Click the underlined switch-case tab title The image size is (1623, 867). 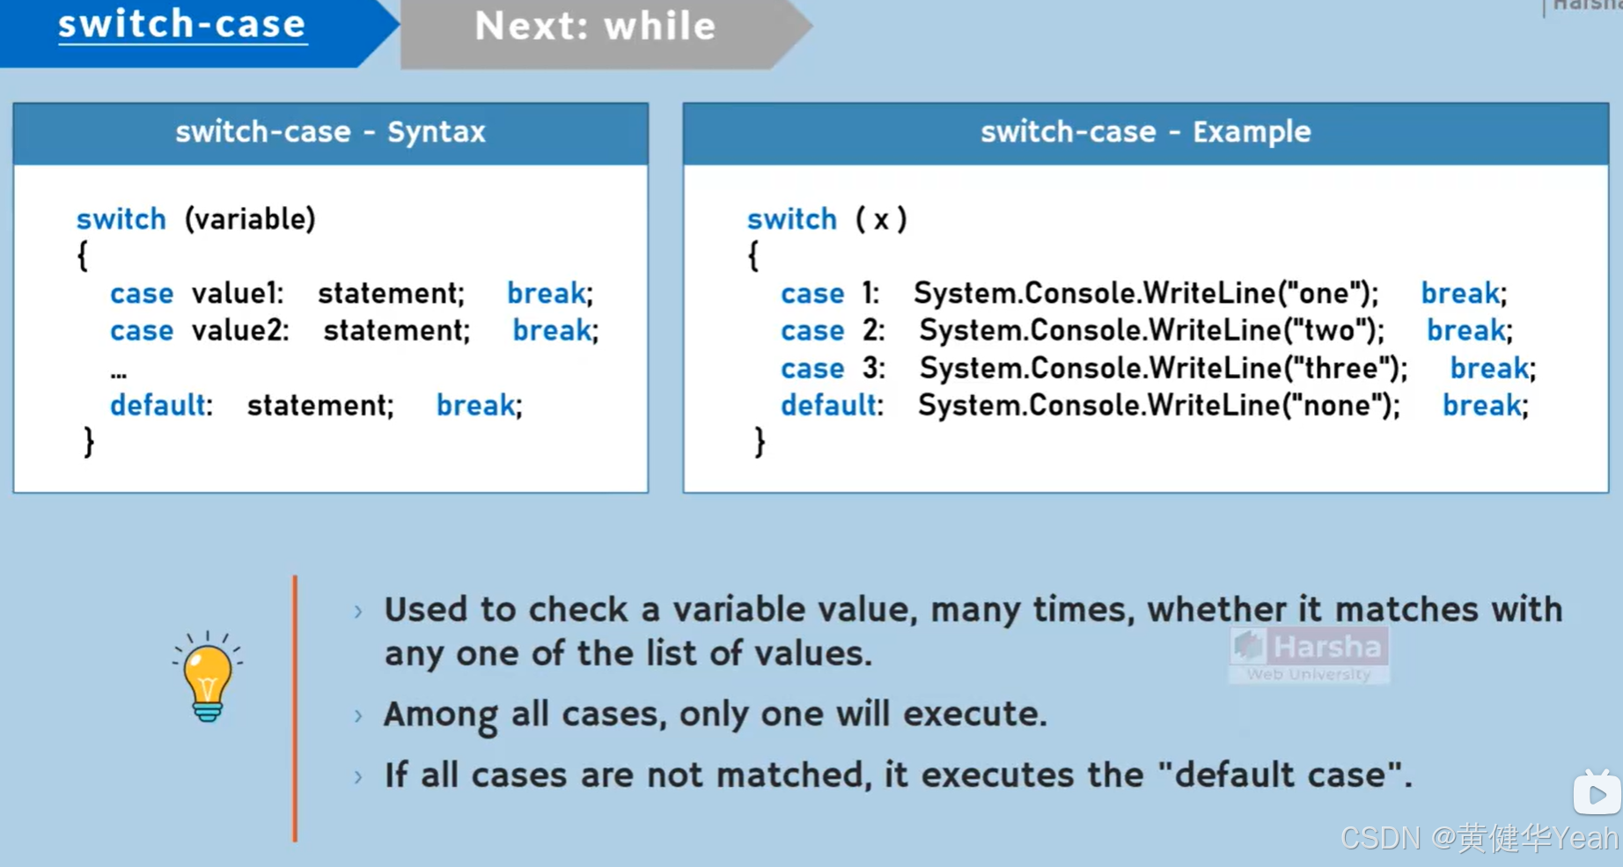tap(182, 25)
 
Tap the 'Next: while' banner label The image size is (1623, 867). tap(595, 26)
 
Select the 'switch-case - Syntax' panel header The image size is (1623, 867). tap(330, 132)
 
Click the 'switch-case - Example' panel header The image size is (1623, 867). tap(1145, 132)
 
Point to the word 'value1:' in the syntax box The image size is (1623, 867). tap(238, 293)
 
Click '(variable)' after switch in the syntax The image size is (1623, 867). tap(250, 218)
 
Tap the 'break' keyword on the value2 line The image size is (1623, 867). tap(552, 330)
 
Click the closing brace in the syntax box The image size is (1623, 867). tap(88, 442)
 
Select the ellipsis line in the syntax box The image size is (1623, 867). tap(119, 373)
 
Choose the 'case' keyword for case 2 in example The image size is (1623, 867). tap(812, 330)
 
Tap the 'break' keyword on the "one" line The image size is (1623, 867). tap(1460, 293)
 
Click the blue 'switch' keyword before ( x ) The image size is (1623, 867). tap(792, 218)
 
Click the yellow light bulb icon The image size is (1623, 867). tap(208, 678)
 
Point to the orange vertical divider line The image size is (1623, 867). tap(295, 709)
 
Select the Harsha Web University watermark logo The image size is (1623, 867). tap(1309, 654)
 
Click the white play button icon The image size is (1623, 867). tap(1597, 793)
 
